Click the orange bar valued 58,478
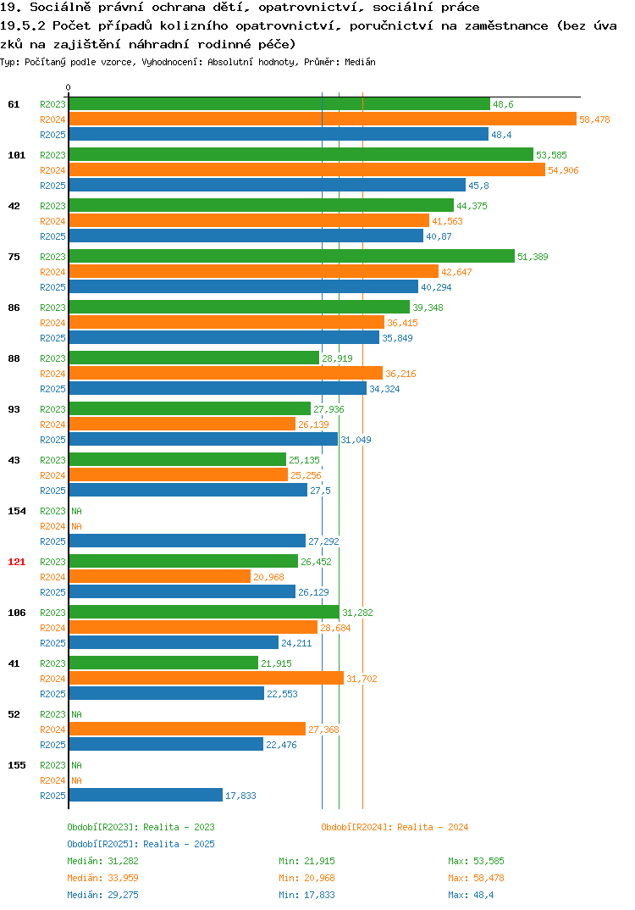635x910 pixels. point(323,119)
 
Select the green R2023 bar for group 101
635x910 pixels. point(301,154)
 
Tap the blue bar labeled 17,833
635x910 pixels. point(146,795)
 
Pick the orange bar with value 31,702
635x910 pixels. point(207,679)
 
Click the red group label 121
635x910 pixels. point(17,562)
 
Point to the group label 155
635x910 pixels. point(17,765)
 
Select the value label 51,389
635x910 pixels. point(533,257)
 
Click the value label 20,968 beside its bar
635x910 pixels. point(268,577)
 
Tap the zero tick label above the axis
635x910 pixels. point(69,87)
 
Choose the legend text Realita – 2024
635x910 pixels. point(433,827)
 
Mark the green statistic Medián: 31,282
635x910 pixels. point(102,861)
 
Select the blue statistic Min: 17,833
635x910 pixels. point(306,895)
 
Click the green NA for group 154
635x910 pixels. point(76,511)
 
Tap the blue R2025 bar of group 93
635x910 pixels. point(203,440)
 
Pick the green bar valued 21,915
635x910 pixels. point(163,663)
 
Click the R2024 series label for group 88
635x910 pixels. point(52,374)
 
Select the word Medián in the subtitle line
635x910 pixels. point(360,62)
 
